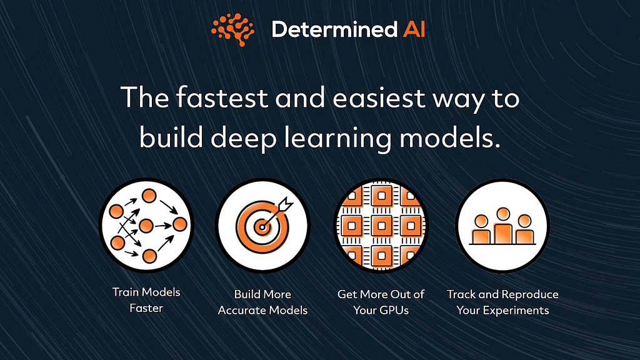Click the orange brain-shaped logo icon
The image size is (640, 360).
click(x=232, y=29)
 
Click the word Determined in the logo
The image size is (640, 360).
click(x=334, y=29)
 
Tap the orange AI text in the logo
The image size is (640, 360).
click(x=414, y=29)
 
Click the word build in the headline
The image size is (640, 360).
click(x=171, y=137)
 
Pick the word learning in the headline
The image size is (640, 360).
click(x=337, y=138)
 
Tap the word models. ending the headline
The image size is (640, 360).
click(x=450, y=137)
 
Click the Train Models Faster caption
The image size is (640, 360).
click(x=146, y=300)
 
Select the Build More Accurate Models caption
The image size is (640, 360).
click(x=262, y=302)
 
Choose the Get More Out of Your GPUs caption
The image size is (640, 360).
click(x=381, y=302)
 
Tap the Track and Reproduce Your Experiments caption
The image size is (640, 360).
click(x=502, y=302)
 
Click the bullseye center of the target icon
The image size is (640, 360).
click(x=262, y=226)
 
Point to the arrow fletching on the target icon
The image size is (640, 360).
click(x=286, y=203)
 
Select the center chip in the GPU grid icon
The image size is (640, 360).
click(x=381, y=226)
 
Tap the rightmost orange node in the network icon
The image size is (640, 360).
click(x=179, y=224)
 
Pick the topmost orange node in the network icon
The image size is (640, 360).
click(x=149, y=196)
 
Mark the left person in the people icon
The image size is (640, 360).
click(x=481, y=230)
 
